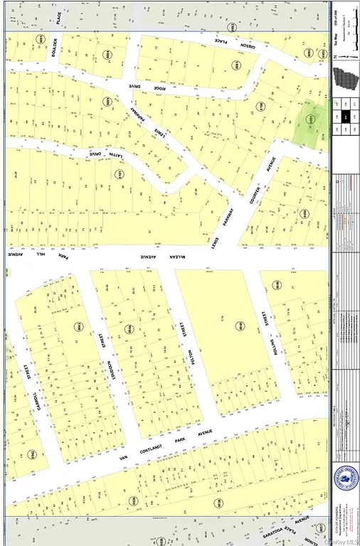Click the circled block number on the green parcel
309,119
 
